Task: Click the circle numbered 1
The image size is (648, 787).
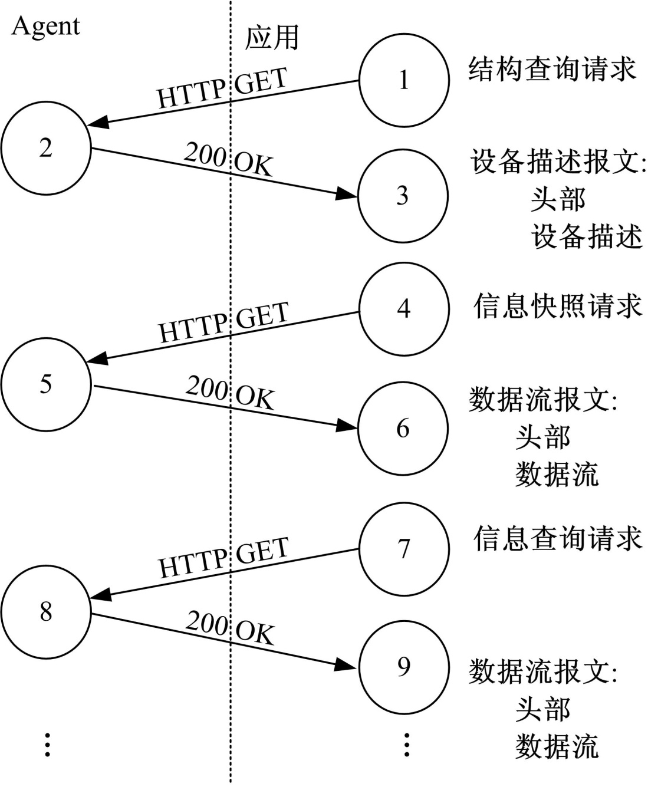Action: tap(404, 80)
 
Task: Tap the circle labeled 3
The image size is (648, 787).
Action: tap(403, 196)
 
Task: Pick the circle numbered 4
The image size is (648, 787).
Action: tap(404, 308)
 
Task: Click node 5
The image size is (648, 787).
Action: tap(46, 384)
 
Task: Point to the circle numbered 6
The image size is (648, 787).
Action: tap(403, 429)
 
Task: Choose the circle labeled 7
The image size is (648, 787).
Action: tap(404, 549)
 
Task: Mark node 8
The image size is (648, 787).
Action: tap(46, 612)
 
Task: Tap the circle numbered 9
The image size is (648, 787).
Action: tap(404, 666)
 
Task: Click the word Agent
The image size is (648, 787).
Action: tap(45, 27)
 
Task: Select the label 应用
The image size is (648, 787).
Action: tap(272, 37)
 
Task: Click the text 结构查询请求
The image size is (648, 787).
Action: tap(552, 69)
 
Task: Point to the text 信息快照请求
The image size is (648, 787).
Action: tap(557, 307)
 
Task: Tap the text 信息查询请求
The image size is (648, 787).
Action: tap(557, 538)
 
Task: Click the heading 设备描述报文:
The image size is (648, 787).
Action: tap(558, 162)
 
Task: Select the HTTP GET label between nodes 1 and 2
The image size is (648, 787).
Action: tap(222, 88)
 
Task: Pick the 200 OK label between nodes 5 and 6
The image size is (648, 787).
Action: tap(231, 393)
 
